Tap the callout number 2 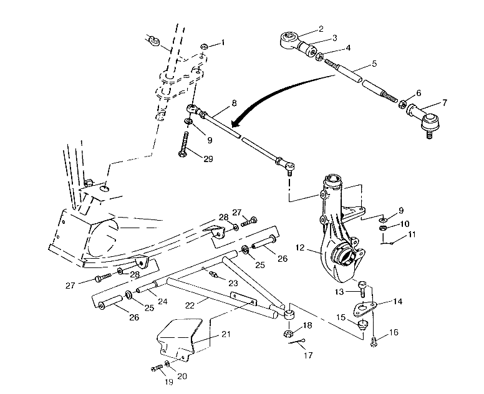click(321, 29)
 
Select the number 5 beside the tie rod click(374, 64)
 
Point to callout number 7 click(445, 102)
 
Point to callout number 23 click(233, 282)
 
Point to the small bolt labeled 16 click(374, 340)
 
